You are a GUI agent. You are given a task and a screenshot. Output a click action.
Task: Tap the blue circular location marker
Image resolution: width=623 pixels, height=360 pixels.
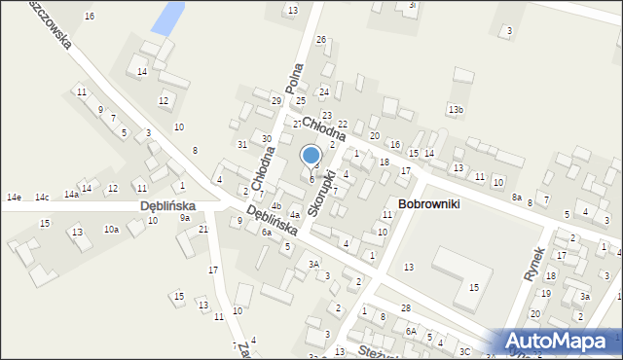coord(311,155)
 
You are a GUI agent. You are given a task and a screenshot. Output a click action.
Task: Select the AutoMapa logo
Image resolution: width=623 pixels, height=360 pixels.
coord(561,342)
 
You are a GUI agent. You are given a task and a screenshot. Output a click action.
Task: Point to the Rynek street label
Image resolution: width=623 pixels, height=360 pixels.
coord(531,264)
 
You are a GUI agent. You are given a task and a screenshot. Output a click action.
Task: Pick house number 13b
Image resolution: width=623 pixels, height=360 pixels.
coord(456,109)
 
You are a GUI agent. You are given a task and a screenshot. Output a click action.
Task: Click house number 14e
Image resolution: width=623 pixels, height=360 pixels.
coord(14,198)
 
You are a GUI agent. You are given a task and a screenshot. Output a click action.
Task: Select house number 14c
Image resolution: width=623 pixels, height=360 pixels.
coord(42,198)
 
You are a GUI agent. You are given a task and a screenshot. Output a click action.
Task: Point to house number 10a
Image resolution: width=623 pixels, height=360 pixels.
coord(112,230)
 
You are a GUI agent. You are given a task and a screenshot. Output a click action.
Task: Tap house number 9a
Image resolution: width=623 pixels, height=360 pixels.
coord(184,218)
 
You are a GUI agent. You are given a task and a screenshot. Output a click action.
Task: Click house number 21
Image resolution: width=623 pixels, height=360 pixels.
coord(203,229)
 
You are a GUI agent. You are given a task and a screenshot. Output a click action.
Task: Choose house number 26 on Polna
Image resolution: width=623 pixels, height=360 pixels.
coord(320,39)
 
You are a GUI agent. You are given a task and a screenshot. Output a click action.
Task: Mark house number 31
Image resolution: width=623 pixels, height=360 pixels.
coord(242,144)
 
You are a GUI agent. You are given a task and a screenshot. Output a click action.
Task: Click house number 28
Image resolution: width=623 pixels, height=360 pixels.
coord(405,307)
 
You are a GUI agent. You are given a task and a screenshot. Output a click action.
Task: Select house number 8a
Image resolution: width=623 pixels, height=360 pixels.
coord(517,198)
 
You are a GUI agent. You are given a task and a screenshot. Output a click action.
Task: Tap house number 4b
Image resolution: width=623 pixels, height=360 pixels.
coord(276,206)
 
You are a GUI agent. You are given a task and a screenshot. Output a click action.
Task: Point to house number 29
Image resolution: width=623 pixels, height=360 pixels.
coord(276,100)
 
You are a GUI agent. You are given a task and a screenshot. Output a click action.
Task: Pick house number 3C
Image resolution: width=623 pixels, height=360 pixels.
coord(464,351)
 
